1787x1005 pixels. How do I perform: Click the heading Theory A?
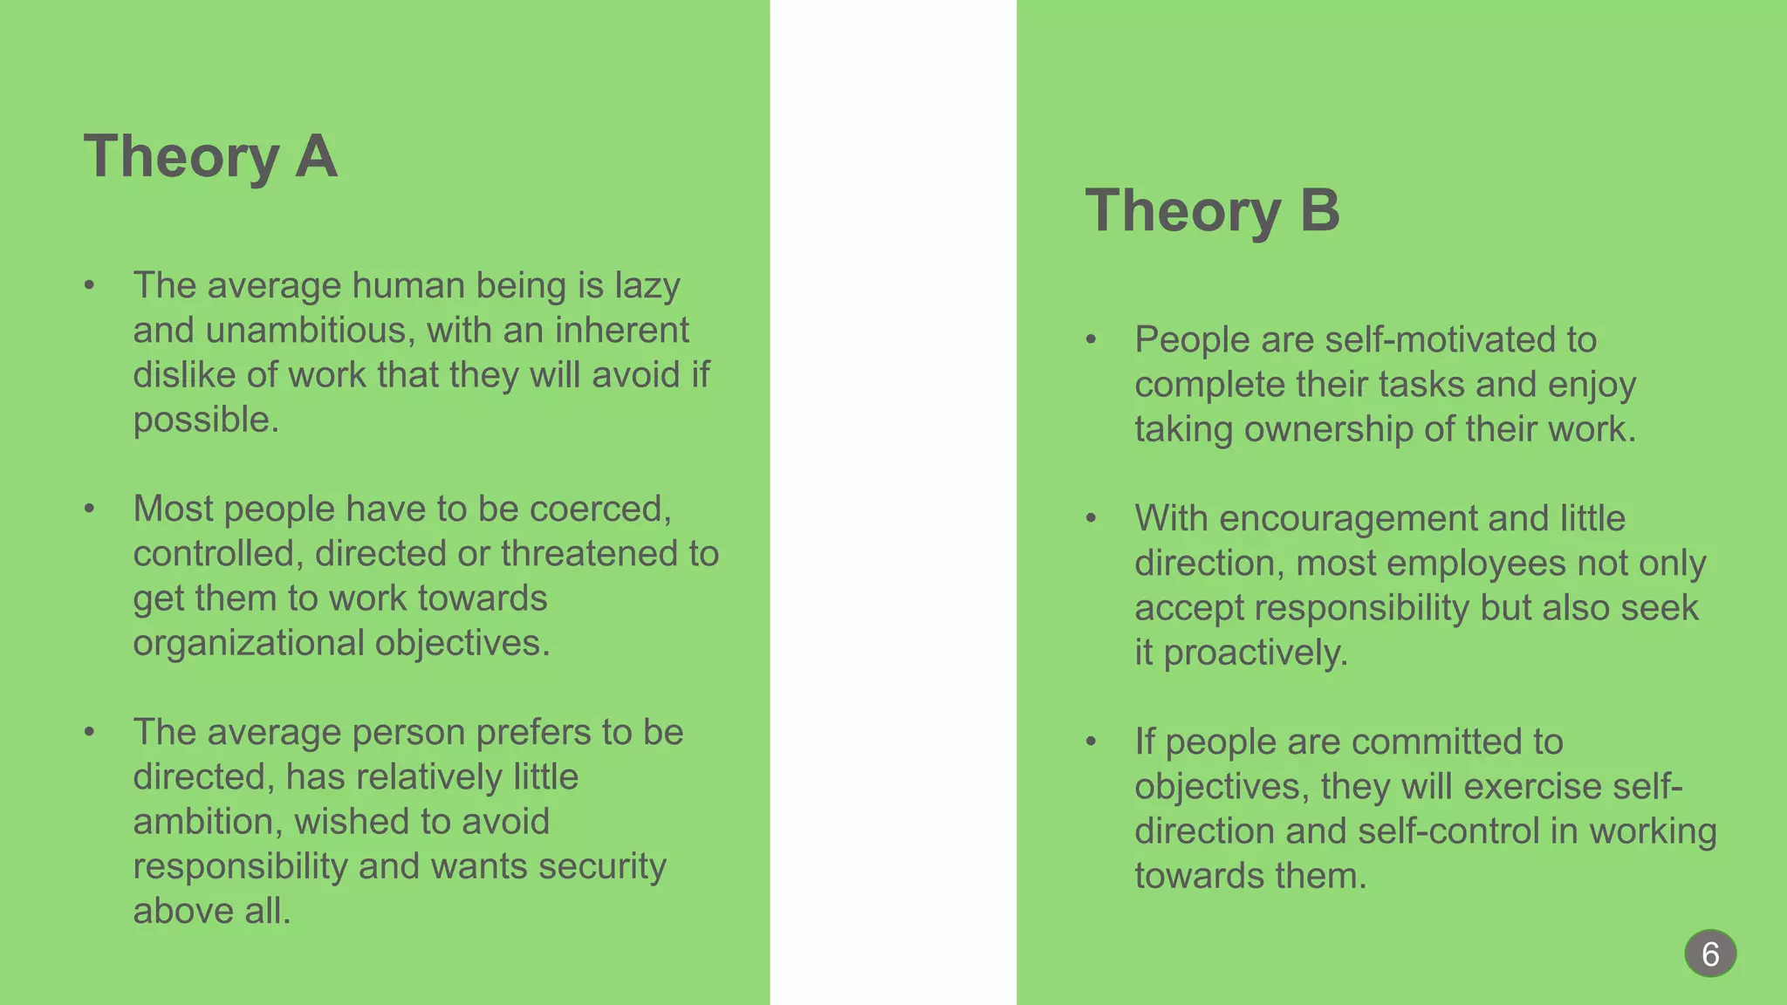(210, 157)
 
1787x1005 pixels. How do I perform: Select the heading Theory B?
(1212, 211)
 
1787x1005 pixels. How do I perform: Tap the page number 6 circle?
(1710, 954)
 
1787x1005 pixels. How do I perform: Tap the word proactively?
(1256, 653)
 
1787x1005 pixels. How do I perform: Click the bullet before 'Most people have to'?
(89, 509)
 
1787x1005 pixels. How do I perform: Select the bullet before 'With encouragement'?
(1091, 519)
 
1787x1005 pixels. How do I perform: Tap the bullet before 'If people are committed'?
(1091, 742)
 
